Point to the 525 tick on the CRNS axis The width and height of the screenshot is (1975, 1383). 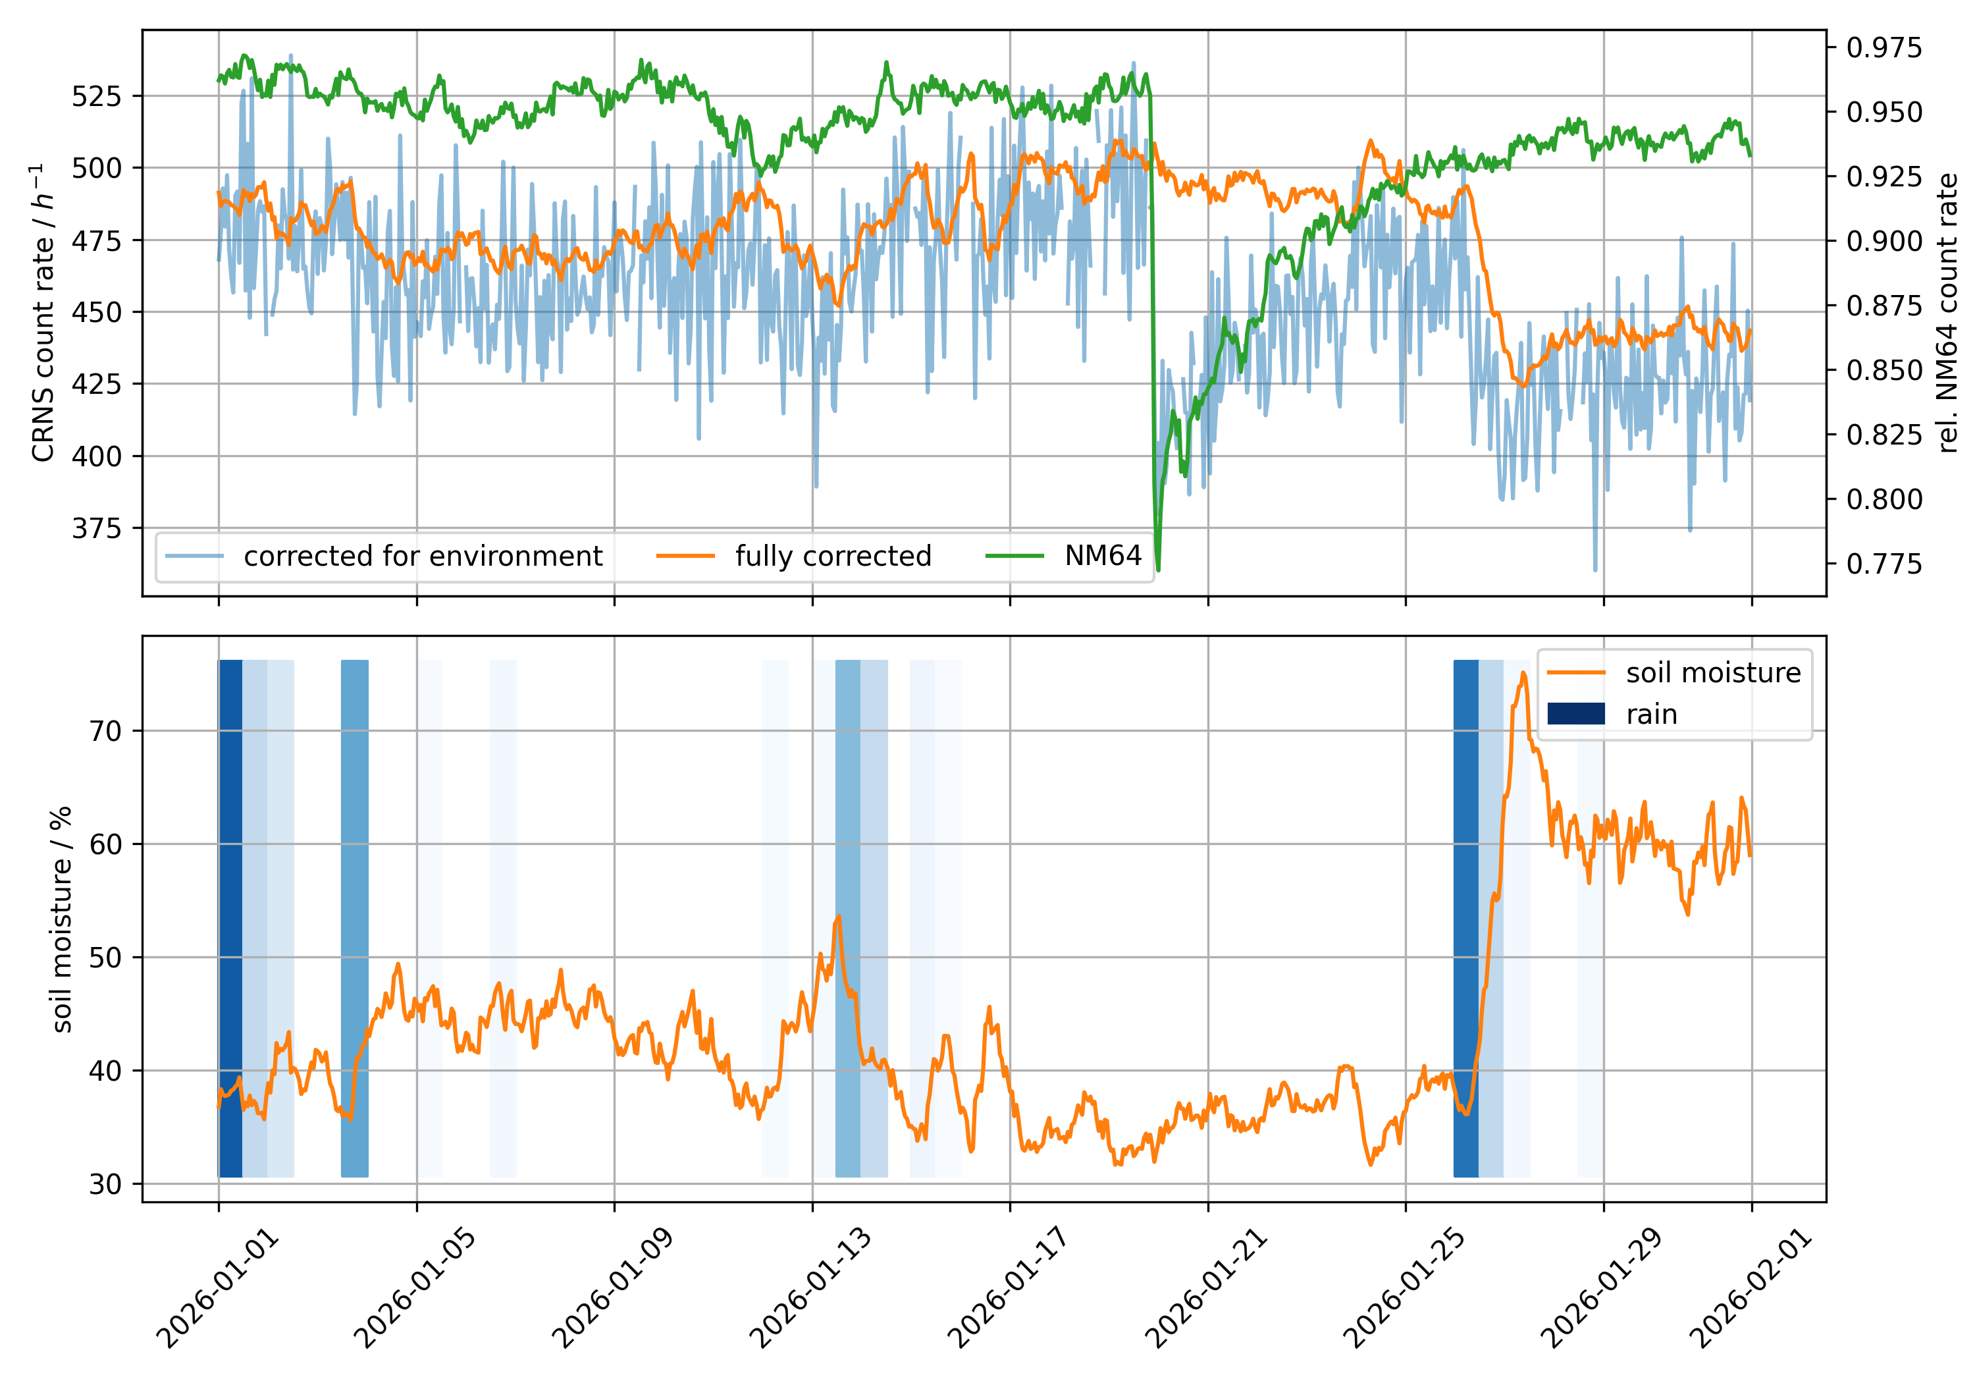coord(96,95)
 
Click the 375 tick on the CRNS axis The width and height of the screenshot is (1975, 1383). coord(96,528)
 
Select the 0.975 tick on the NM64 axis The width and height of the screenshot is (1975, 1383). coord(1883,47)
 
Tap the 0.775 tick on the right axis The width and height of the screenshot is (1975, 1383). coord(1883,564)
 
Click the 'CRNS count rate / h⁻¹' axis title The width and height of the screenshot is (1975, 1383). coord(43,312)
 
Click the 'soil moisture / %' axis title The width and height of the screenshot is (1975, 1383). coord(62,919)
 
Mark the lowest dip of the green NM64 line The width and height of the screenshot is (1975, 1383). coord(1159,569)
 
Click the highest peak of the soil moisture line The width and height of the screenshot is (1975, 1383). coord(1523,674)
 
